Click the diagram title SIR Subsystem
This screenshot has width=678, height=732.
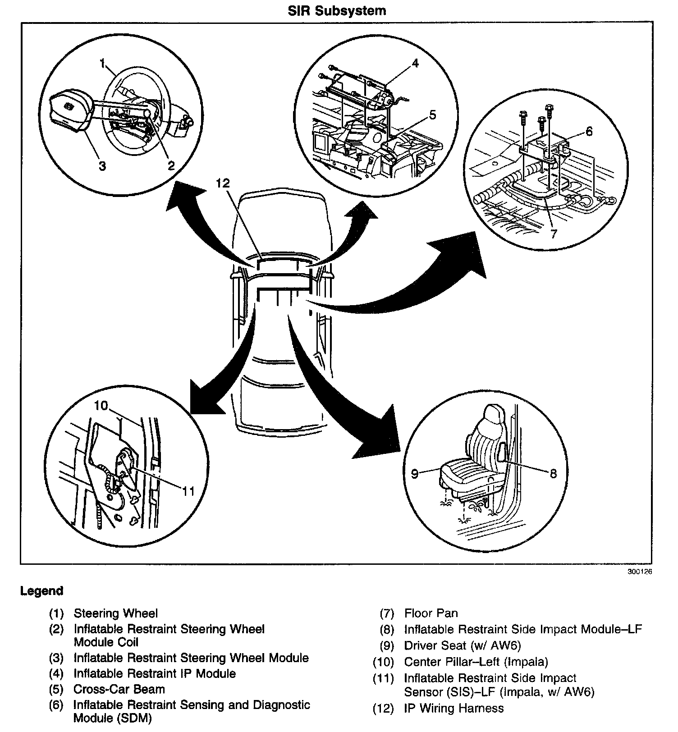(337, 10)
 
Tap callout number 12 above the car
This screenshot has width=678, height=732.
(223, 183)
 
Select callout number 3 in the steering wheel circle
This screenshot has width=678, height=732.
(102, 166)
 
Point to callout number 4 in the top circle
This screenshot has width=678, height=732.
(415, 64)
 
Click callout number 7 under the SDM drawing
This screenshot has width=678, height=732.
(554, 233)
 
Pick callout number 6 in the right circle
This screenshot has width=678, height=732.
(589, 131)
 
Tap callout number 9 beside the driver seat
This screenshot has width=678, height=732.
(415, 474)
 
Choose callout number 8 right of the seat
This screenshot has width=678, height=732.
(553, 473)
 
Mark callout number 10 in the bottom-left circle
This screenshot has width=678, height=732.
(101, 406)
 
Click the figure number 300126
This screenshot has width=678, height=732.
(640, 572)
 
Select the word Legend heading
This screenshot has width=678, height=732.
(42, 591)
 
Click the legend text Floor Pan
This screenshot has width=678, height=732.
(431, 613)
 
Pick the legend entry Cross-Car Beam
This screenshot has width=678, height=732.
(119, 689)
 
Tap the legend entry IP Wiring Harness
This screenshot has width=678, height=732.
(454, 708)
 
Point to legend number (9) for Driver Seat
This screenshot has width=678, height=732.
(387, 646)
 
